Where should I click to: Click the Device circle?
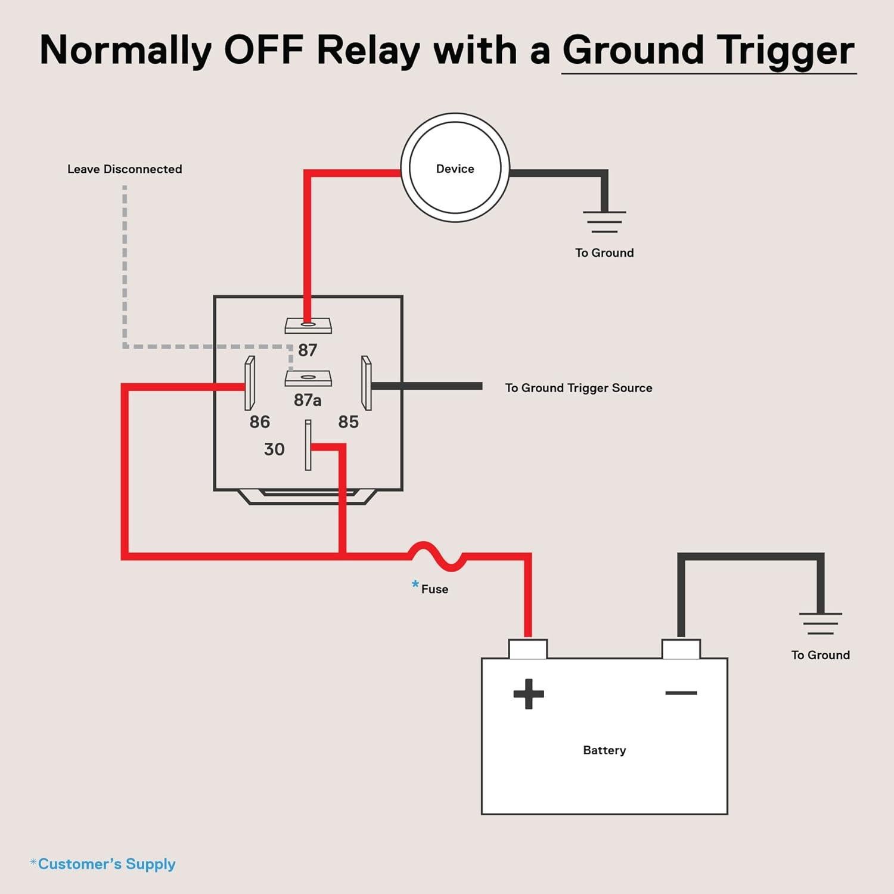pos(455,168)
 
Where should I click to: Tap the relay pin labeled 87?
pos(308,325)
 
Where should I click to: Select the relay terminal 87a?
pos(308,378)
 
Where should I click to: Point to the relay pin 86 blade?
pos(250,383)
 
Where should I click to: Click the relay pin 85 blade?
pos(367,383)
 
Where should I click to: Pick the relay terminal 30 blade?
pos(308,445)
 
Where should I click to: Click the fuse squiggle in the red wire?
pos(436,555)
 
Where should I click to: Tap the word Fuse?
pos(434,589)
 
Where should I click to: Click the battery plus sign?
pos(529,694)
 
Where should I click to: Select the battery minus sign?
pos(681,693)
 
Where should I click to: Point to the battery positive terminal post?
pos(528,648)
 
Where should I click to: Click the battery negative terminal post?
pos(681,648)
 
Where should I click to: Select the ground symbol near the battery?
pos(821,623)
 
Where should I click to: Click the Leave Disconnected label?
pos(125,169)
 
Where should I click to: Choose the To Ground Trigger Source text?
pos(579,388)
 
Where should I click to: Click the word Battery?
pos(604,750)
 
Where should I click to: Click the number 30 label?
pos(274,449)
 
